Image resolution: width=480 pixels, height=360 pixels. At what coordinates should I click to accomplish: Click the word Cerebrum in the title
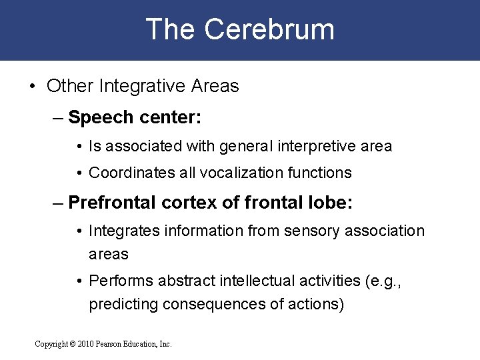269,30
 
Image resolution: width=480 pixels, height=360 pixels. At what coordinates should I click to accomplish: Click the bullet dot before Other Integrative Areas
33,87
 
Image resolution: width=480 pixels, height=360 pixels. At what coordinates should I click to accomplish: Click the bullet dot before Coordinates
79,173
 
